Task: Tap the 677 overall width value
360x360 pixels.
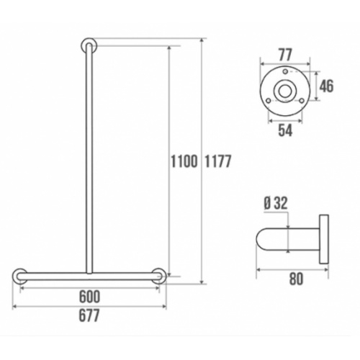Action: (90, 315)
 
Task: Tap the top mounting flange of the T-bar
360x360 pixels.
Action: (89, 45)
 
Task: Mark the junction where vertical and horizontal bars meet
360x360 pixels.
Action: (89, 273)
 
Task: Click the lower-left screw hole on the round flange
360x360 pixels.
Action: (271, 102)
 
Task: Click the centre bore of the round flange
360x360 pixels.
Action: (286, 91)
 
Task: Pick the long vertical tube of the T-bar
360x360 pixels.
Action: (89, 158)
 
